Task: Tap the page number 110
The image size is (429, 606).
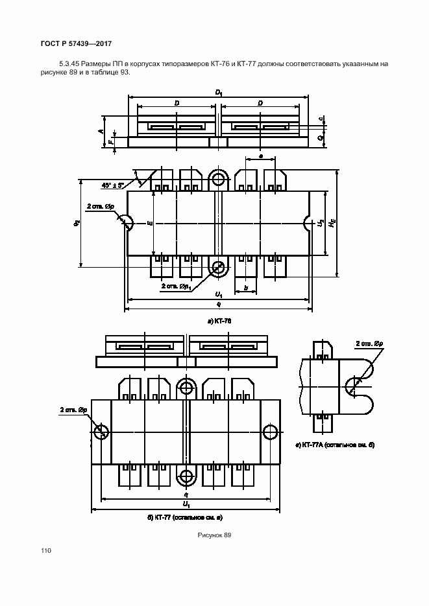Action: [45, 551]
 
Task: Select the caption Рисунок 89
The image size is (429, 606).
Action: [214, 535]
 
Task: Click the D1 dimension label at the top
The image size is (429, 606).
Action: [219, 93]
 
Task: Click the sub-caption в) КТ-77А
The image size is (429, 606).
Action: [337, 446]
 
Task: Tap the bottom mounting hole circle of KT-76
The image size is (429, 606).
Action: [219, 266]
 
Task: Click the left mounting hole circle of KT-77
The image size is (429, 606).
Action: [101, 432]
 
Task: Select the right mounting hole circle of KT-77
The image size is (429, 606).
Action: [269, 432]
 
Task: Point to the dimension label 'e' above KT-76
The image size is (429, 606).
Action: [260, 156]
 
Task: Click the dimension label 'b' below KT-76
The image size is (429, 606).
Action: [245, 286]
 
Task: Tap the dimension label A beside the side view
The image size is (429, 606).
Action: [101, 131]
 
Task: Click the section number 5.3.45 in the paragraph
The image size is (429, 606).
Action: [70, 64]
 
